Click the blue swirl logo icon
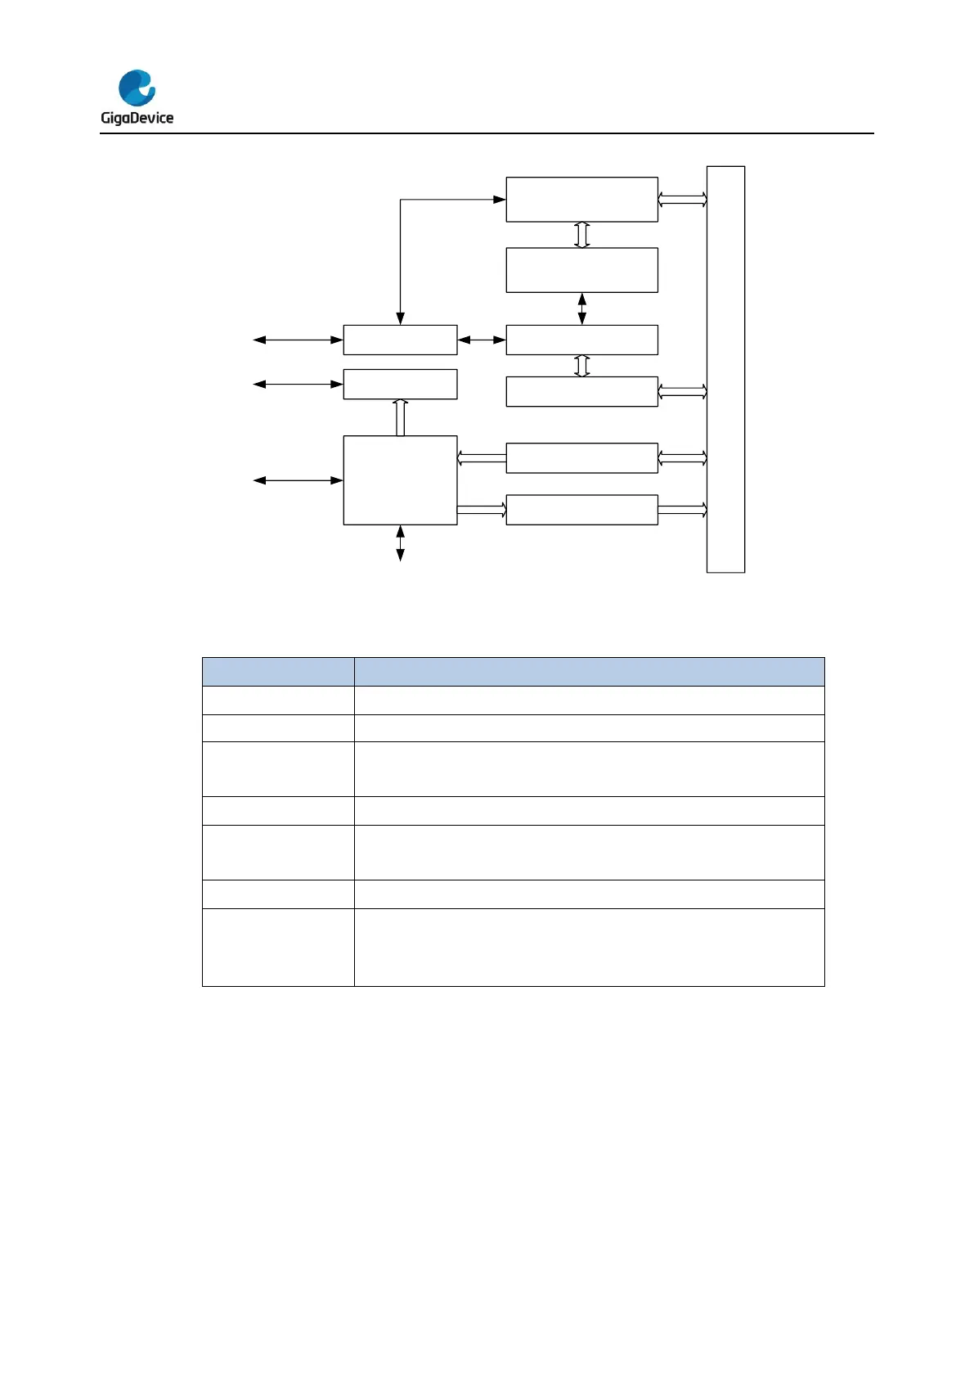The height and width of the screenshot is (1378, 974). point(137,88)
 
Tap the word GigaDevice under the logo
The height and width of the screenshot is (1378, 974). point(137,118)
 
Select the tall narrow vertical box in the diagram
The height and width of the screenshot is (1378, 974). point(725,369)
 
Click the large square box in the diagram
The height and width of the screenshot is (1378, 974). point(400,480)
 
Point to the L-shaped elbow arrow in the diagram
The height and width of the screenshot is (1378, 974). point(400,200)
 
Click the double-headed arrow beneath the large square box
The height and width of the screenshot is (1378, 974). point(400,543)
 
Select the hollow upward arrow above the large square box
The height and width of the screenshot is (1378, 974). point(400,417)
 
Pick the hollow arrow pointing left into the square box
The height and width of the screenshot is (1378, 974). point(481,458)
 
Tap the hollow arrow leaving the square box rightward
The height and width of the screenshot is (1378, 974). point(481,510)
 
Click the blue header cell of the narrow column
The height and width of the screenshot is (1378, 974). point(278,671)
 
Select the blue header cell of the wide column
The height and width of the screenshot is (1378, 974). point(589,671)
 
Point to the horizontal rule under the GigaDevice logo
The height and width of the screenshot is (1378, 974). point(487,133)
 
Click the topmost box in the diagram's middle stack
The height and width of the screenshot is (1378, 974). point(581,199)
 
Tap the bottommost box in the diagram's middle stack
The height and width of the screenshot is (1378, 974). point(581,510)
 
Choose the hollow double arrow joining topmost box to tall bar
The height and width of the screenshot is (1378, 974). point(682,200)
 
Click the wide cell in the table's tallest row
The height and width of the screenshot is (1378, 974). point(589,947)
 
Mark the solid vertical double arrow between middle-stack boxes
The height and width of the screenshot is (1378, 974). point(581,308)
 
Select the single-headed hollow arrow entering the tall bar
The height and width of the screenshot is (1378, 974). point(682,510)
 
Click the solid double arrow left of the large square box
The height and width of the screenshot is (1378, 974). point(298,480)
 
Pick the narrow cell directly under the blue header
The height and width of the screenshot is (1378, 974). point(278,700)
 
